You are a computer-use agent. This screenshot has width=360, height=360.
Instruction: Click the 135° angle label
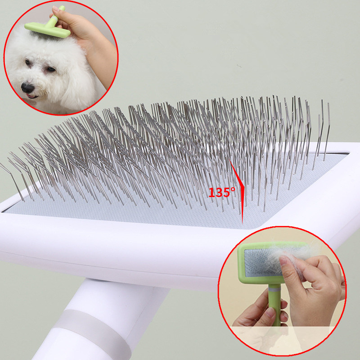pyautogui.click(x=221, y=193)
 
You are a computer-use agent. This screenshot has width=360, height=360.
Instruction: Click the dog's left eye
pyautogui.click(x=50, y=70)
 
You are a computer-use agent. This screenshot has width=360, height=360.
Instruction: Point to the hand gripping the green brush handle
pyautogui.click(x=261, y=315)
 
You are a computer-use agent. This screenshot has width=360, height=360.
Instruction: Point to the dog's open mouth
pyautogui.click(x=31, y=95)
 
